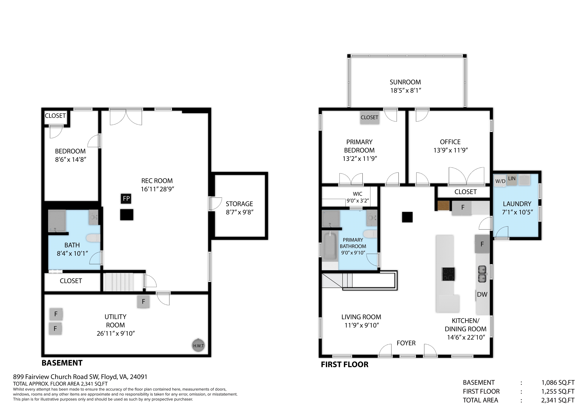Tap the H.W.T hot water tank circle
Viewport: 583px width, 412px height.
tap(198, 345)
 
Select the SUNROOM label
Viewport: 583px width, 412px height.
tap(405, 82)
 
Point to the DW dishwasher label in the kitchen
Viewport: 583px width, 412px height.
tap(482, 294)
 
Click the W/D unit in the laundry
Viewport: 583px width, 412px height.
tap(500, 181)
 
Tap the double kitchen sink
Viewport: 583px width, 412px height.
tap(482, 274)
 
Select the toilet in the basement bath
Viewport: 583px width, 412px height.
tap(93, 238)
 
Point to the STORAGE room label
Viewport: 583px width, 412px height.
tap(240, 204)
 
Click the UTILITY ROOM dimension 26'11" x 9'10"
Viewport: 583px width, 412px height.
tap(116, 333)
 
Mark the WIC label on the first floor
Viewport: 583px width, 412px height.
tap(358, 194)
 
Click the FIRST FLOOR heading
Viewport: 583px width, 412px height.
tap(345, 365)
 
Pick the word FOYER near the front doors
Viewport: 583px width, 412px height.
tap(406, 343)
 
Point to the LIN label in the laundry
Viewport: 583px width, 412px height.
tap(512, 178)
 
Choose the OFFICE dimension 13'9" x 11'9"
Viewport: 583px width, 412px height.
tap(451, 150)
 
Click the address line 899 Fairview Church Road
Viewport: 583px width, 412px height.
tap(80, 377)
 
